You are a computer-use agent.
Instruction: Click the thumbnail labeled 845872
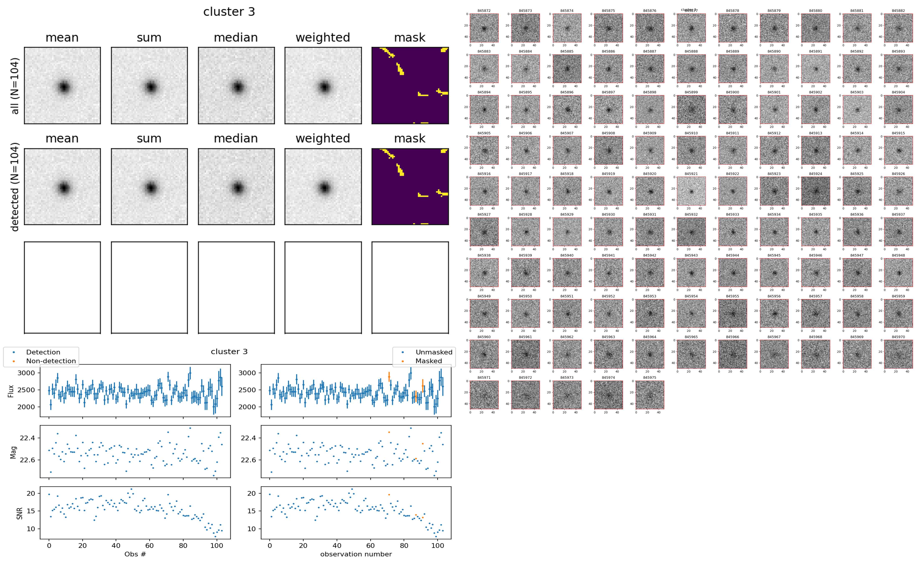484,28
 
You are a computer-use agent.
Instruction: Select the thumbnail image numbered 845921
691,191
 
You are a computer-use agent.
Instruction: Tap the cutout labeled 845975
649,395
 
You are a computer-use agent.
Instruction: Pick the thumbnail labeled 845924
815,191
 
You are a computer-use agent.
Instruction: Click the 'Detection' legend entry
43,352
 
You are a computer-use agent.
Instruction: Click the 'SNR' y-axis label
19,513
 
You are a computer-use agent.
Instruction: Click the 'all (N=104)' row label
15,86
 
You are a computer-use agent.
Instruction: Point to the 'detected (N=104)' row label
15,186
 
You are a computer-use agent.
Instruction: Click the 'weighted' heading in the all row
323,38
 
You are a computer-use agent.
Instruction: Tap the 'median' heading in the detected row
236,138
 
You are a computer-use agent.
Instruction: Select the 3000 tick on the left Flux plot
26,373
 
